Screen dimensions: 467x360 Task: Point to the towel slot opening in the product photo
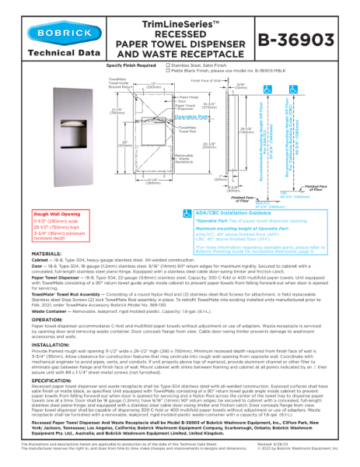coord(55,130)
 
